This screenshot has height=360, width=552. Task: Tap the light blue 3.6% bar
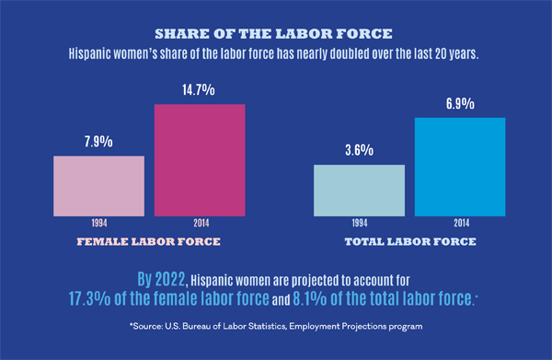tap(359, 190)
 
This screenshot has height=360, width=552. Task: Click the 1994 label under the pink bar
tap(98, 223)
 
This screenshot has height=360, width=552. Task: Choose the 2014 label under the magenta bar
tap(200, 223)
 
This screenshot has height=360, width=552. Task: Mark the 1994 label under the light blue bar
tap(359, 223)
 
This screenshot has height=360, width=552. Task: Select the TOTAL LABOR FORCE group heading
tap(409, 242)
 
